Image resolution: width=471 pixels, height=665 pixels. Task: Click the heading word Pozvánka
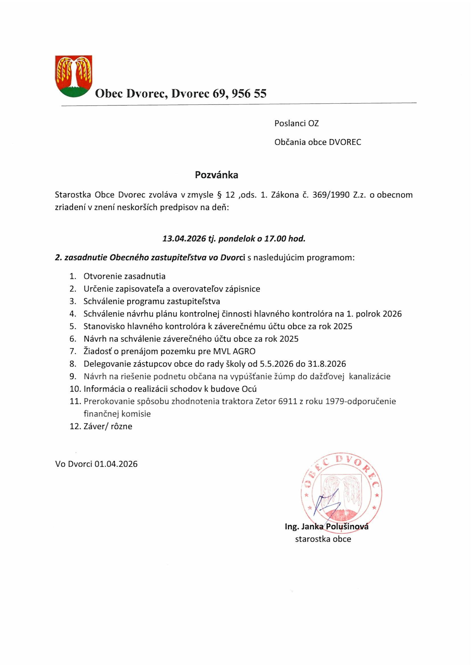click(216, 175)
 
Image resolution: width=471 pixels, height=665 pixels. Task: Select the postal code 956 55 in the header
click(248, 93)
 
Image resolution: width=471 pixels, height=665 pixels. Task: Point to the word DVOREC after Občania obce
click(345, 142)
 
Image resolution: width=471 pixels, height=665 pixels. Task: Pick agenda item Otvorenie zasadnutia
click(124, 276)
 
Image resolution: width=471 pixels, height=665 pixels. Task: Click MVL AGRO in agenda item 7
click(234, 352)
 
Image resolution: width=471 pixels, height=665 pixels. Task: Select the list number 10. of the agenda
click(75, 389)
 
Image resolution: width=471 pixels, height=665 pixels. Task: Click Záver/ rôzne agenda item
click(108, 427)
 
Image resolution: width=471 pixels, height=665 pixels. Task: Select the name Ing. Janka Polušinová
click(327, 526)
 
